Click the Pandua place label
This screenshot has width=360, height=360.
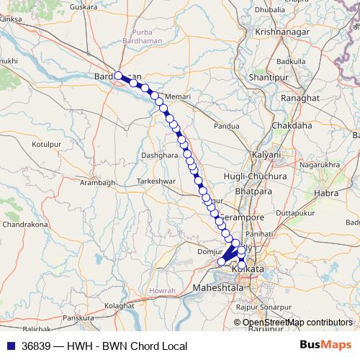pos(226,126)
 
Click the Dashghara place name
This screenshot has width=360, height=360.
pos(159,155)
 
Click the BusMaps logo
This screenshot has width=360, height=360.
pos(325,346)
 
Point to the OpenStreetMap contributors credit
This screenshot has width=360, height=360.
pos(297,323)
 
